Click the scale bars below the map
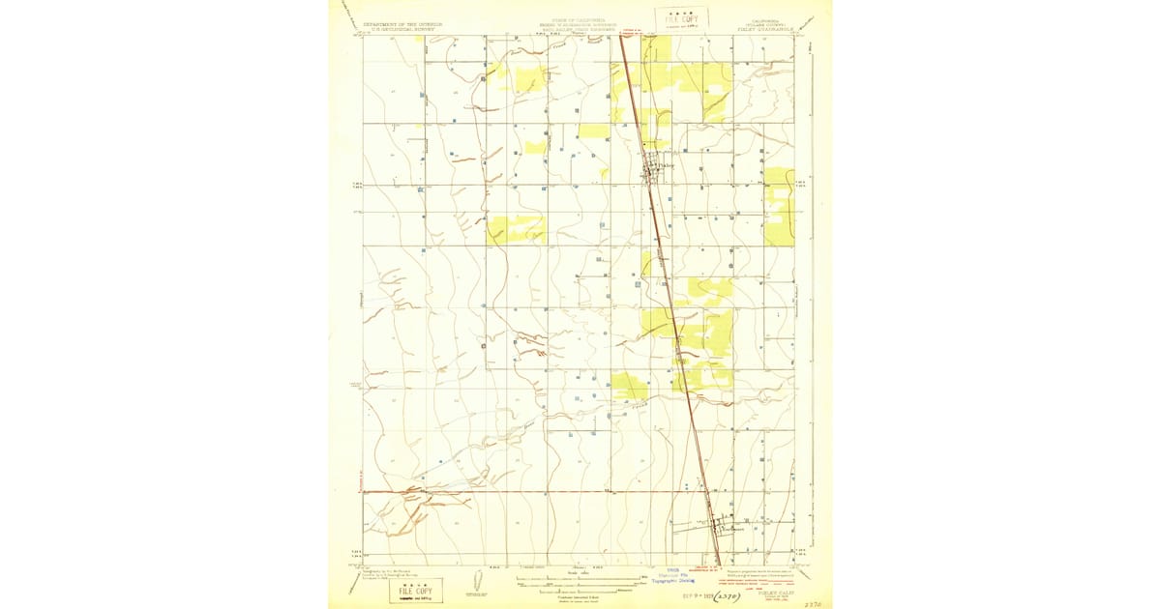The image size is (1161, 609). coord(579,581)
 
